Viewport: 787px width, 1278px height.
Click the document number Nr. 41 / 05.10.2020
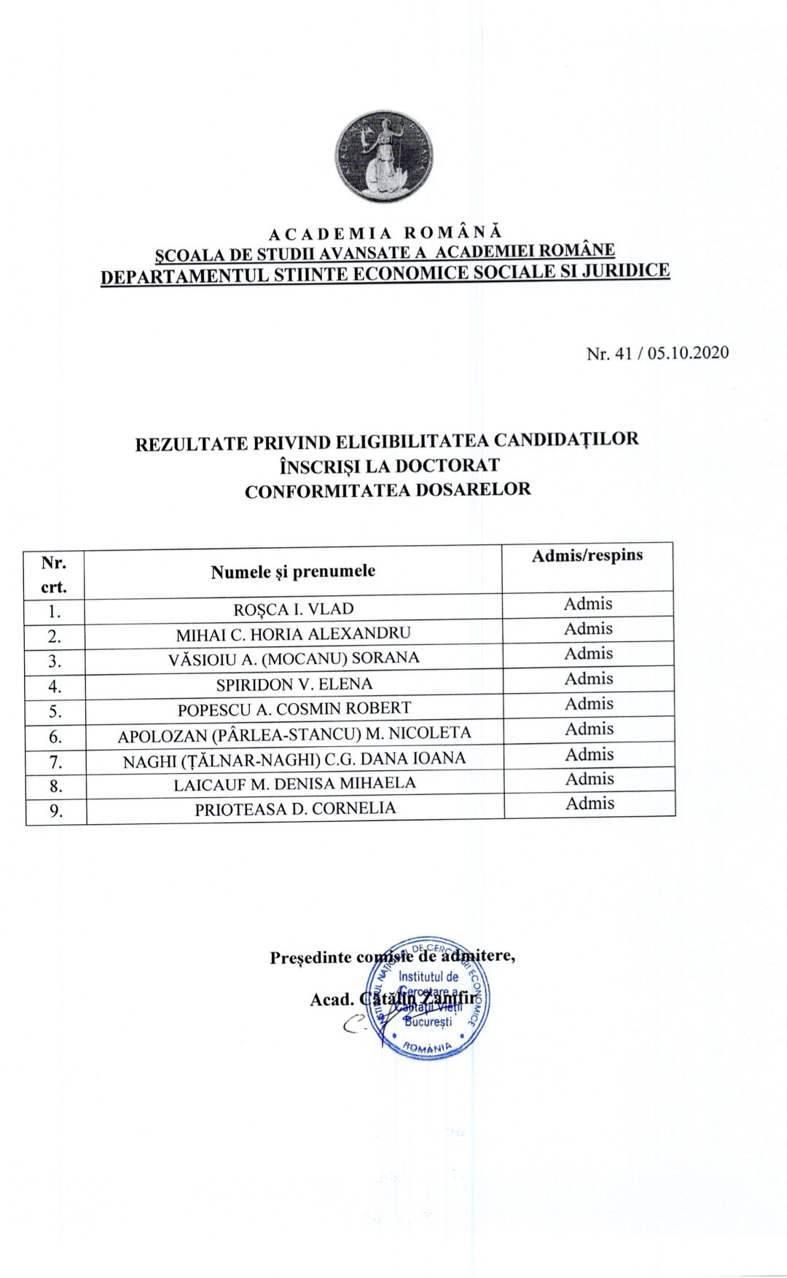(657, 353)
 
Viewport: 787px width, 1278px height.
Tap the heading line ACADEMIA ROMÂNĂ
(386, 234)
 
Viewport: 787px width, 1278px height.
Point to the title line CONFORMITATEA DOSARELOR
(388, 490)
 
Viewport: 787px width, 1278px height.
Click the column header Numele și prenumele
(293, 571)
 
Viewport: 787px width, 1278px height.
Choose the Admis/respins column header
(587, 555)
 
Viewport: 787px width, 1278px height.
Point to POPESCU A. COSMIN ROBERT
(294, 707)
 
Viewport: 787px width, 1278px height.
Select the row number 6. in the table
(56, 737)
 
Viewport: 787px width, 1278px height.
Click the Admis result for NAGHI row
(590, 754)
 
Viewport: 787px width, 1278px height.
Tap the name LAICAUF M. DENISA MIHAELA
(294, 783)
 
